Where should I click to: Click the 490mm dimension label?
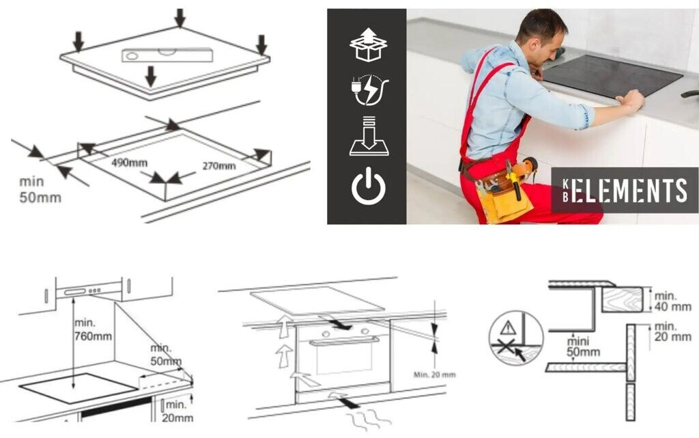click(129, 163)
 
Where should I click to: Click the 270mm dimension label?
click(219, 166)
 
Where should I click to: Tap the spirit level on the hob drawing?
click(167, 55)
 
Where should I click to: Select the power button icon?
click(368, 186)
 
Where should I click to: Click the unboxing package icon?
click(368, 44)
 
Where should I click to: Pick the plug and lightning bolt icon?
click(369, 90)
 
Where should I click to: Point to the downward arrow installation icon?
click(369, 136)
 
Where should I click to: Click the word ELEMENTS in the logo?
click(629, 191)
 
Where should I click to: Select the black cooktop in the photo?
click(612, 76)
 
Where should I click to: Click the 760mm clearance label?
click(93, 329)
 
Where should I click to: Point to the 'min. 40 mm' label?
click(672, 301)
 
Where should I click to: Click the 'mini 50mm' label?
click(583, 346)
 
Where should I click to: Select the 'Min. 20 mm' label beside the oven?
click(434, 374)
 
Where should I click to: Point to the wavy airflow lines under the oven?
click(368, 420)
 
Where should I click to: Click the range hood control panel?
click(83, 291)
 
